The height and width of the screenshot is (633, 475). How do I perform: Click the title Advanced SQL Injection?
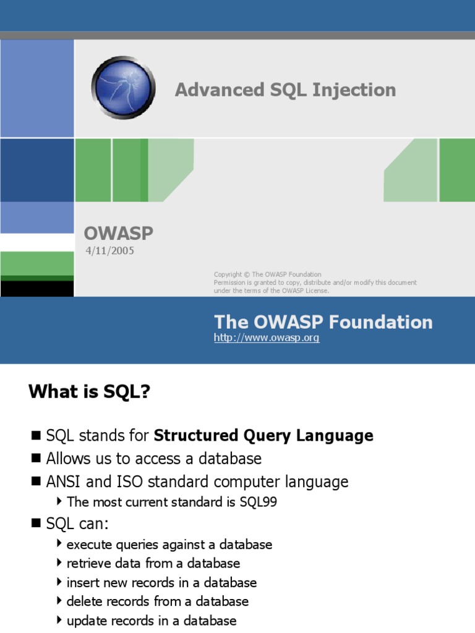(x=285, y=90)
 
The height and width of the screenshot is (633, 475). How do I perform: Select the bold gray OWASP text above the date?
(x=118, y=234)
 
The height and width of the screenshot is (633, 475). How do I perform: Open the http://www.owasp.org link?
(x=267, y=338)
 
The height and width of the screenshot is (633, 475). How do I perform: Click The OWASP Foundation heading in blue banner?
(x=323, y=322)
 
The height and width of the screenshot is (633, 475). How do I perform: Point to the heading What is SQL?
(x=89, y=392)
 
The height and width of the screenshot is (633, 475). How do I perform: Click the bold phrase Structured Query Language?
(x=263, y=436)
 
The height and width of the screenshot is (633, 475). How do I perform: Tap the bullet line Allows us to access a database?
(x=153, y=459)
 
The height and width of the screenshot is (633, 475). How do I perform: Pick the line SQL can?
(x=77, y=524)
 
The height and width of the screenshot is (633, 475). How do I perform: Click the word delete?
(x=83, y=601)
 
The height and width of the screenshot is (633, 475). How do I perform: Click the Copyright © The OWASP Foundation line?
(x=267, y=274)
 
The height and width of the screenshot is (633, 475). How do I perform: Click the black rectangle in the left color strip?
(x=37, y=289)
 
